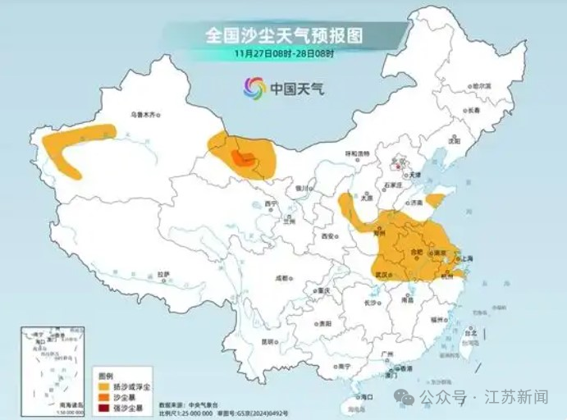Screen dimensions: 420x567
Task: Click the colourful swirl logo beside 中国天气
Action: point(254,87)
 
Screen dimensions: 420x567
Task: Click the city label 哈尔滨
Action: point(481,85)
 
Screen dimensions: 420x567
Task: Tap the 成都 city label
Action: point(282,278)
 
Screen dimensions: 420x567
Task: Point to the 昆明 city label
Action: point(267,340)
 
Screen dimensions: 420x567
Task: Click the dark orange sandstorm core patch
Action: point(244,158)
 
